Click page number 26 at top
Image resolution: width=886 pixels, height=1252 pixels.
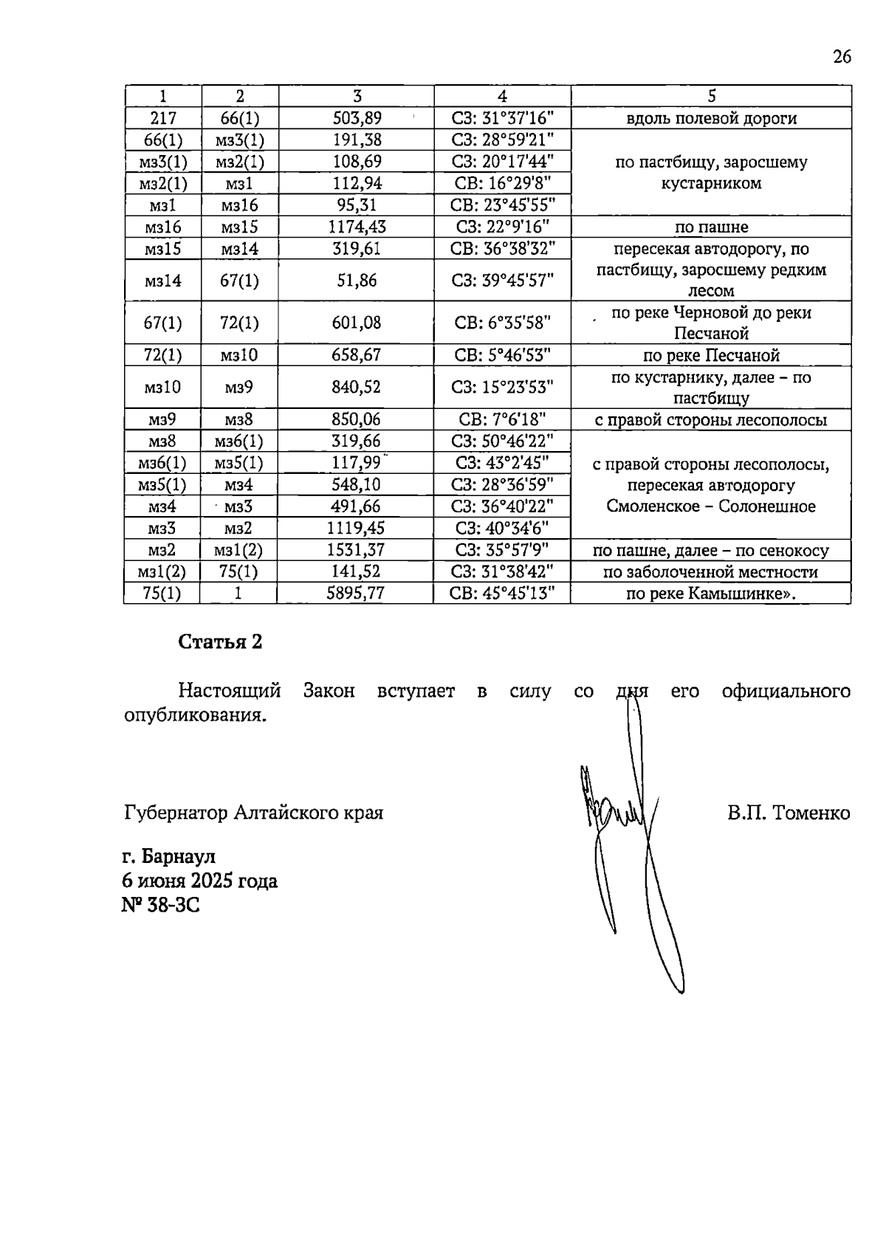[842, 57]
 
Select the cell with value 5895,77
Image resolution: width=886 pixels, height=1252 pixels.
[356, 594]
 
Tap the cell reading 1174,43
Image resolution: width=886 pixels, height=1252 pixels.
[356, 227]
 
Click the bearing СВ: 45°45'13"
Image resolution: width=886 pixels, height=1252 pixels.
[502, 594]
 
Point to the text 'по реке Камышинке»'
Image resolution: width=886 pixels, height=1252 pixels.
[711, 594]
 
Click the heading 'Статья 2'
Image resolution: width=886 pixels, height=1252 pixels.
[220, 642]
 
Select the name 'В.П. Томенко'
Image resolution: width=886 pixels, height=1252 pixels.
[788, 814]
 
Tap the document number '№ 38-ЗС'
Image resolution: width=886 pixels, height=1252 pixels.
[161, 904]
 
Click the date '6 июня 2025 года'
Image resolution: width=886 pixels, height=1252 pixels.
[200, 881]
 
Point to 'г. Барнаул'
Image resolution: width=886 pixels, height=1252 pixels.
[169, 856]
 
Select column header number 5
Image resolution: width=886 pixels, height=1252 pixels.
[711, 96]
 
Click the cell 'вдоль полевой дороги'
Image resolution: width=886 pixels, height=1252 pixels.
[711, 118]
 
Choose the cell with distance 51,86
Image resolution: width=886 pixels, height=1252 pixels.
[356, 281]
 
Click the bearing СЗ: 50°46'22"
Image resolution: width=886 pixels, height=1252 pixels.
[502, 441]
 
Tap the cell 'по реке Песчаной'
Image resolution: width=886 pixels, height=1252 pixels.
[711, 356]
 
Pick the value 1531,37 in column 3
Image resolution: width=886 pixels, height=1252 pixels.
[356, 550]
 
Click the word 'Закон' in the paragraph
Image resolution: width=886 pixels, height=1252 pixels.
[329, 692]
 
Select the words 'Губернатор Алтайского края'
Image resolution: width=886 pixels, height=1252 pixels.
[254, 814]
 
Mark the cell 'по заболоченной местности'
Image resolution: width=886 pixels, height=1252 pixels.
[711, 572]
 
